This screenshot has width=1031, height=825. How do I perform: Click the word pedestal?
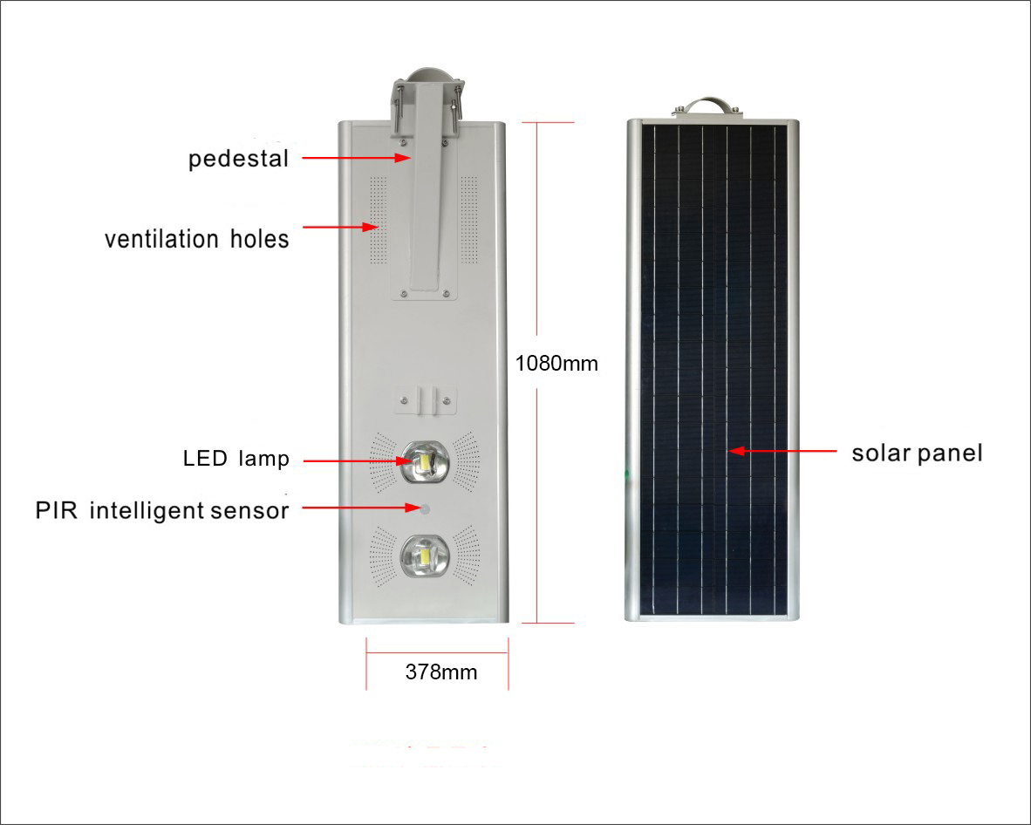[238, 159]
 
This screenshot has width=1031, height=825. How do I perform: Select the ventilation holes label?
[196, 239]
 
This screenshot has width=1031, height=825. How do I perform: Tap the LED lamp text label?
[236, 458]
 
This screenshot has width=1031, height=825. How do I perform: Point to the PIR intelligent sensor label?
[161, 510]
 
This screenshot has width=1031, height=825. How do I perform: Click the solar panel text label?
[918, 453]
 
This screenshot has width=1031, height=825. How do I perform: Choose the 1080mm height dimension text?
[556, 364]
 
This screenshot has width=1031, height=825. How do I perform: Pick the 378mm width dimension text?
[441, 672]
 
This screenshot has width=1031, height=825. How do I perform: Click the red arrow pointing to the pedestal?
[357, 158]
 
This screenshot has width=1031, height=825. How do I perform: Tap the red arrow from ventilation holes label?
[340, 227]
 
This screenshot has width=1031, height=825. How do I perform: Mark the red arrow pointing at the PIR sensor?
[361, 508]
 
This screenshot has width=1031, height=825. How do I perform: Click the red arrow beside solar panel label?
[782, 451]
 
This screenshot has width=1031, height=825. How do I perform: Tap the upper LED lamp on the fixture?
[426, 460]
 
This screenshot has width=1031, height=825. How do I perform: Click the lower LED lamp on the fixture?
[426, 556]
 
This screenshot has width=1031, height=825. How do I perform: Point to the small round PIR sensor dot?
[426, 508]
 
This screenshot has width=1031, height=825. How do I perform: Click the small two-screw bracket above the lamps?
[426, 400]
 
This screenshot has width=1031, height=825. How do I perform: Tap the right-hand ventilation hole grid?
[468, 220]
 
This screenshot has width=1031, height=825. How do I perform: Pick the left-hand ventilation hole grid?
[378, 220]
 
